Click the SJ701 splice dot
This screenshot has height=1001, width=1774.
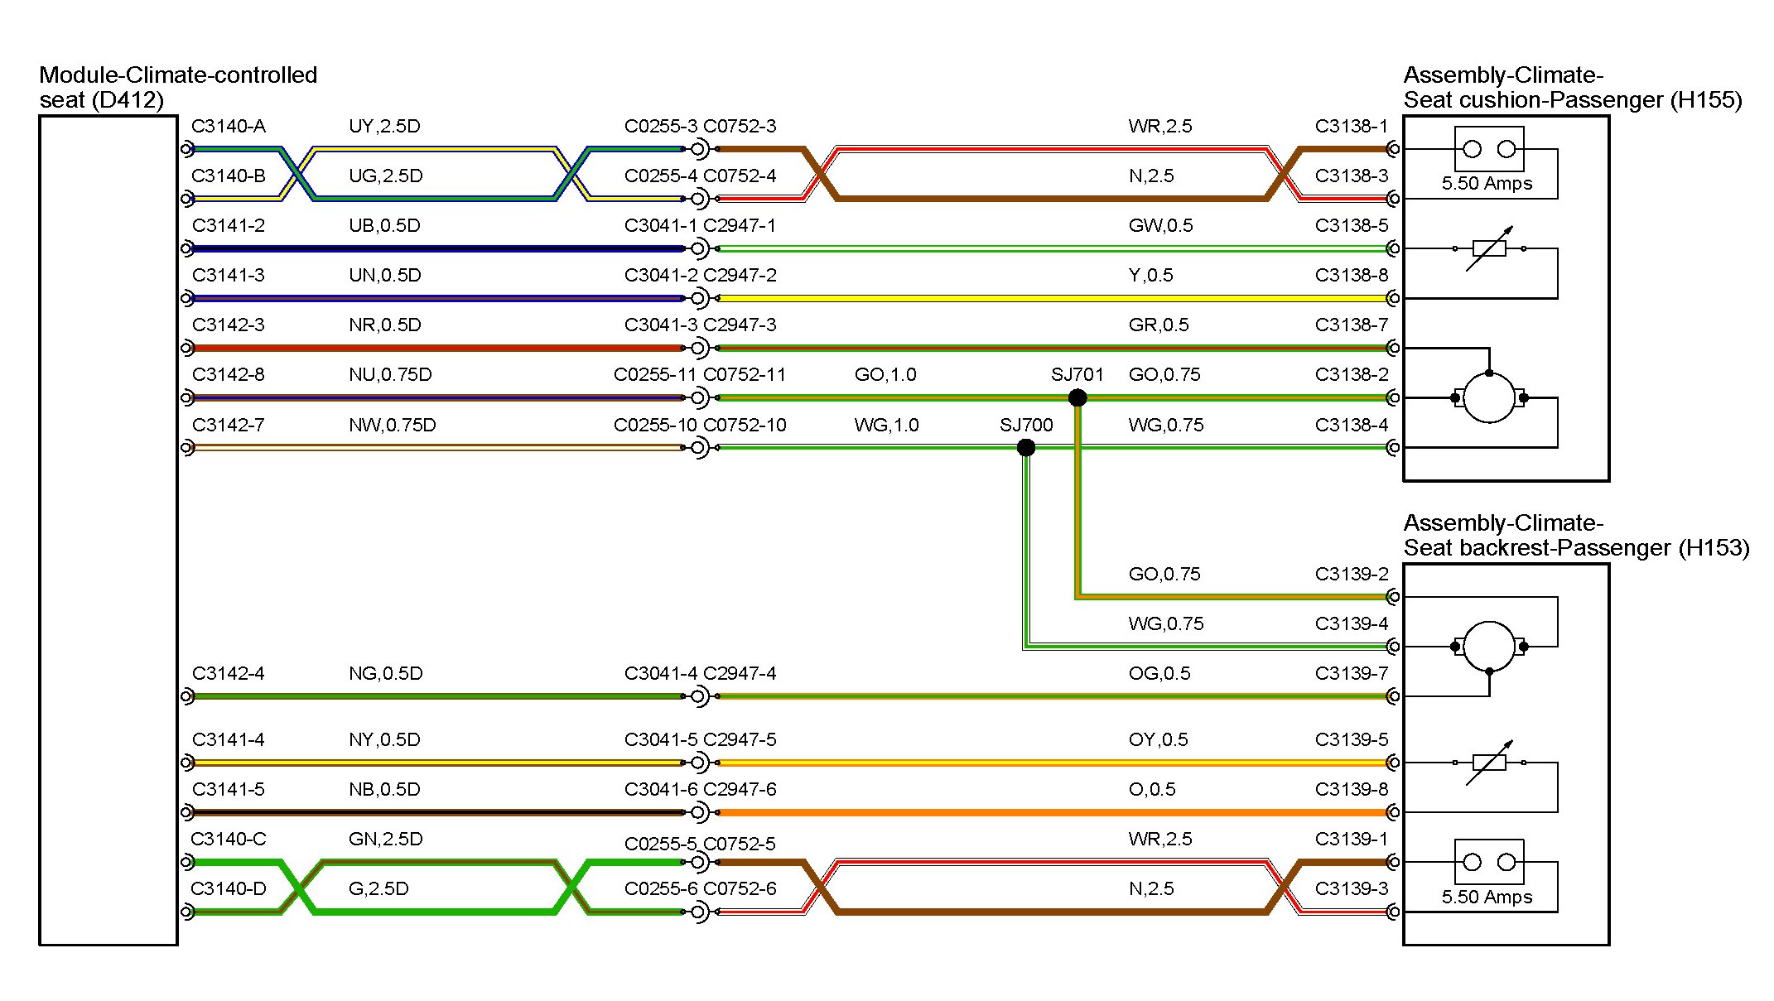point(1077,397)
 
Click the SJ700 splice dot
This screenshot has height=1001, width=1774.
point(1026,448)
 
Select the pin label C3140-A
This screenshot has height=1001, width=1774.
point(229,127)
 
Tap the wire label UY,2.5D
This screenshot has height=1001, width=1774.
point(384,127)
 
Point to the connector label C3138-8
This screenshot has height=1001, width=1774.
point(1351,276)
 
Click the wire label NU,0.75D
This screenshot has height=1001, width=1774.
point(390,375)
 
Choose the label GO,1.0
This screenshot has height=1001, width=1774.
point(885,375)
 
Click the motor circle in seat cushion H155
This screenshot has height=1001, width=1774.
point(1489,397)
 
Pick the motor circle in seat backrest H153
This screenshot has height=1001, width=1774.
point(1489,646)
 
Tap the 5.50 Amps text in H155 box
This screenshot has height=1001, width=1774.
point(1487,184)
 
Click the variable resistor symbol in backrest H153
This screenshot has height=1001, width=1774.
point(1489,763)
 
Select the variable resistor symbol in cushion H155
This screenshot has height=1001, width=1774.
point(1489,248)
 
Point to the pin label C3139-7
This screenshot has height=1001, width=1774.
point(1351,674)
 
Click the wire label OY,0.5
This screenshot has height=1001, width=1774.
point(1158,740)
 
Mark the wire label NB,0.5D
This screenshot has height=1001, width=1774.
point(384,790)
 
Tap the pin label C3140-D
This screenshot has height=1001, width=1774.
point(229,889)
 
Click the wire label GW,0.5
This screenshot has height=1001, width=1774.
point(1160,226)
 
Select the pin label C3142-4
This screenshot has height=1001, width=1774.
point(229,674)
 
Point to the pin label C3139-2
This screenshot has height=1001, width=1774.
point(1351,575)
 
